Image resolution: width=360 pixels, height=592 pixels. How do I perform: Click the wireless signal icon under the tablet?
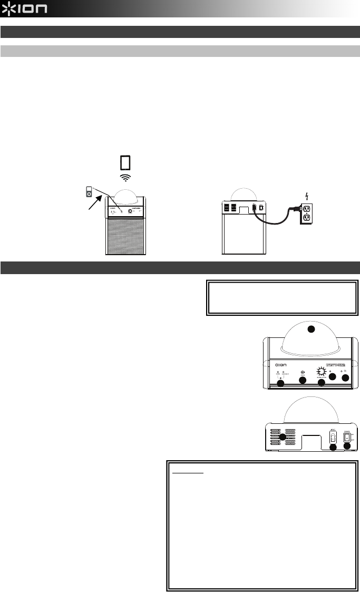click(125, 178)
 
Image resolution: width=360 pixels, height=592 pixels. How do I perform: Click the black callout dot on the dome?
click(311, 329)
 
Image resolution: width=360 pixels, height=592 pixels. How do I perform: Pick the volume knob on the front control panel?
click(320, 371)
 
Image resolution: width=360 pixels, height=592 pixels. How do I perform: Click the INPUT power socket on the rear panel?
click(333, 437)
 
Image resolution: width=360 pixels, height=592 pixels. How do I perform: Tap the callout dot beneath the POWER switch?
click(347, 447)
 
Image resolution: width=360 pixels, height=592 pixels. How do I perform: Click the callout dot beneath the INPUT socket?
click(333, 447)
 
